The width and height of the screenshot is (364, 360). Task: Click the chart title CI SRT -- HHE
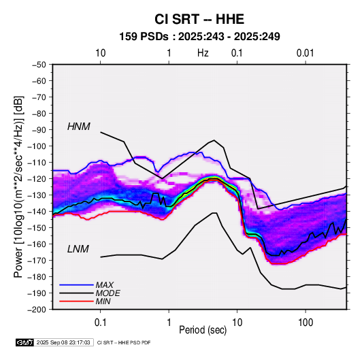[x=199, y=19]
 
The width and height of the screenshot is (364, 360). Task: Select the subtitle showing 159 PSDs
[x=199, y=37]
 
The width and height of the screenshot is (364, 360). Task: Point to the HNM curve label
[x=79, y=127]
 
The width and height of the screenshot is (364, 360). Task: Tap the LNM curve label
[x=78, y=249]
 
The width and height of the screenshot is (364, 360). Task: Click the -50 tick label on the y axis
[x=39, y=65]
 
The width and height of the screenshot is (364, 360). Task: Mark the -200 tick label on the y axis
[x=37, y=310]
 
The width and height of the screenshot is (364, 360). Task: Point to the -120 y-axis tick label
[x=37, y=178]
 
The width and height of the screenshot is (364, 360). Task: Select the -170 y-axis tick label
[x=37, y=261]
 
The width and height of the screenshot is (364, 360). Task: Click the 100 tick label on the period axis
[x=305, y=323]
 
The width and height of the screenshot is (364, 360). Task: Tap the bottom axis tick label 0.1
[x=100, y=323]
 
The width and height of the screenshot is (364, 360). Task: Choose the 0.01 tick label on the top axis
[x=305, y=53]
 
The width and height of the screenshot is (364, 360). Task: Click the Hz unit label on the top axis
[x=203, y=53]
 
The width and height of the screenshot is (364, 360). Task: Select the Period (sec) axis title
[x=203, y=330]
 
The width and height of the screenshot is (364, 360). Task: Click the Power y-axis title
[x=19, y=187]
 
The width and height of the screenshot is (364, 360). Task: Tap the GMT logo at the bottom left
[x=24, y=342]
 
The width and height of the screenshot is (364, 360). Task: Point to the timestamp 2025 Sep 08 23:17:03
[x=63, y=342]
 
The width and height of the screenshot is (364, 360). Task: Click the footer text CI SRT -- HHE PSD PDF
[x=124, y=342]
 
